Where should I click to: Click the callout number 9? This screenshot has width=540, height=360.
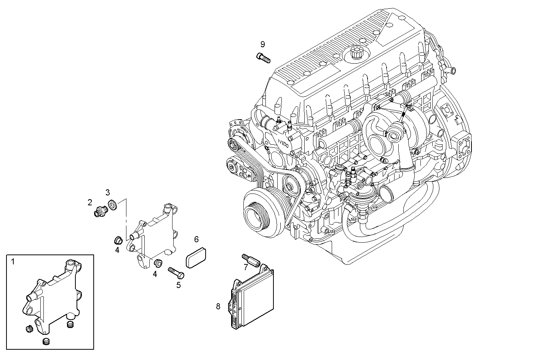pos(262,44)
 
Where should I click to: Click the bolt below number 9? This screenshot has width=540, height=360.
pos(263,58)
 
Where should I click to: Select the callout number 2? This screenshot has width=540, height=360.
pos(90,202)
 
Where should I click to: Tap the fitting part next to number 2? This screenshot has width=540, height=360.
pos(101,211)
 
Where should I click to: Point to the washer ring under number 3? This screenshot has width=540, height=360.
pos(113,205)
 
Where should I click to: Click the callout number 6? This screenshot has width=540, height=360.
pos(197,239)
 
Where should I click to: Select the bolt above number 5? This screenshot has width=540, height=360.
pos(176,272)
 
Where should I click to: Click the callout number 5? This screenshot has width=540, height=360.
pos(178,284)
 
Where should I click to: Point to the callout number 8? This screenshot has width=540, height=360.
pos(218,306)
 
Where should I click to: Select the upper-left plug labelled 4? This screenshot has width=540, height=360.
pos(118,240)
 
